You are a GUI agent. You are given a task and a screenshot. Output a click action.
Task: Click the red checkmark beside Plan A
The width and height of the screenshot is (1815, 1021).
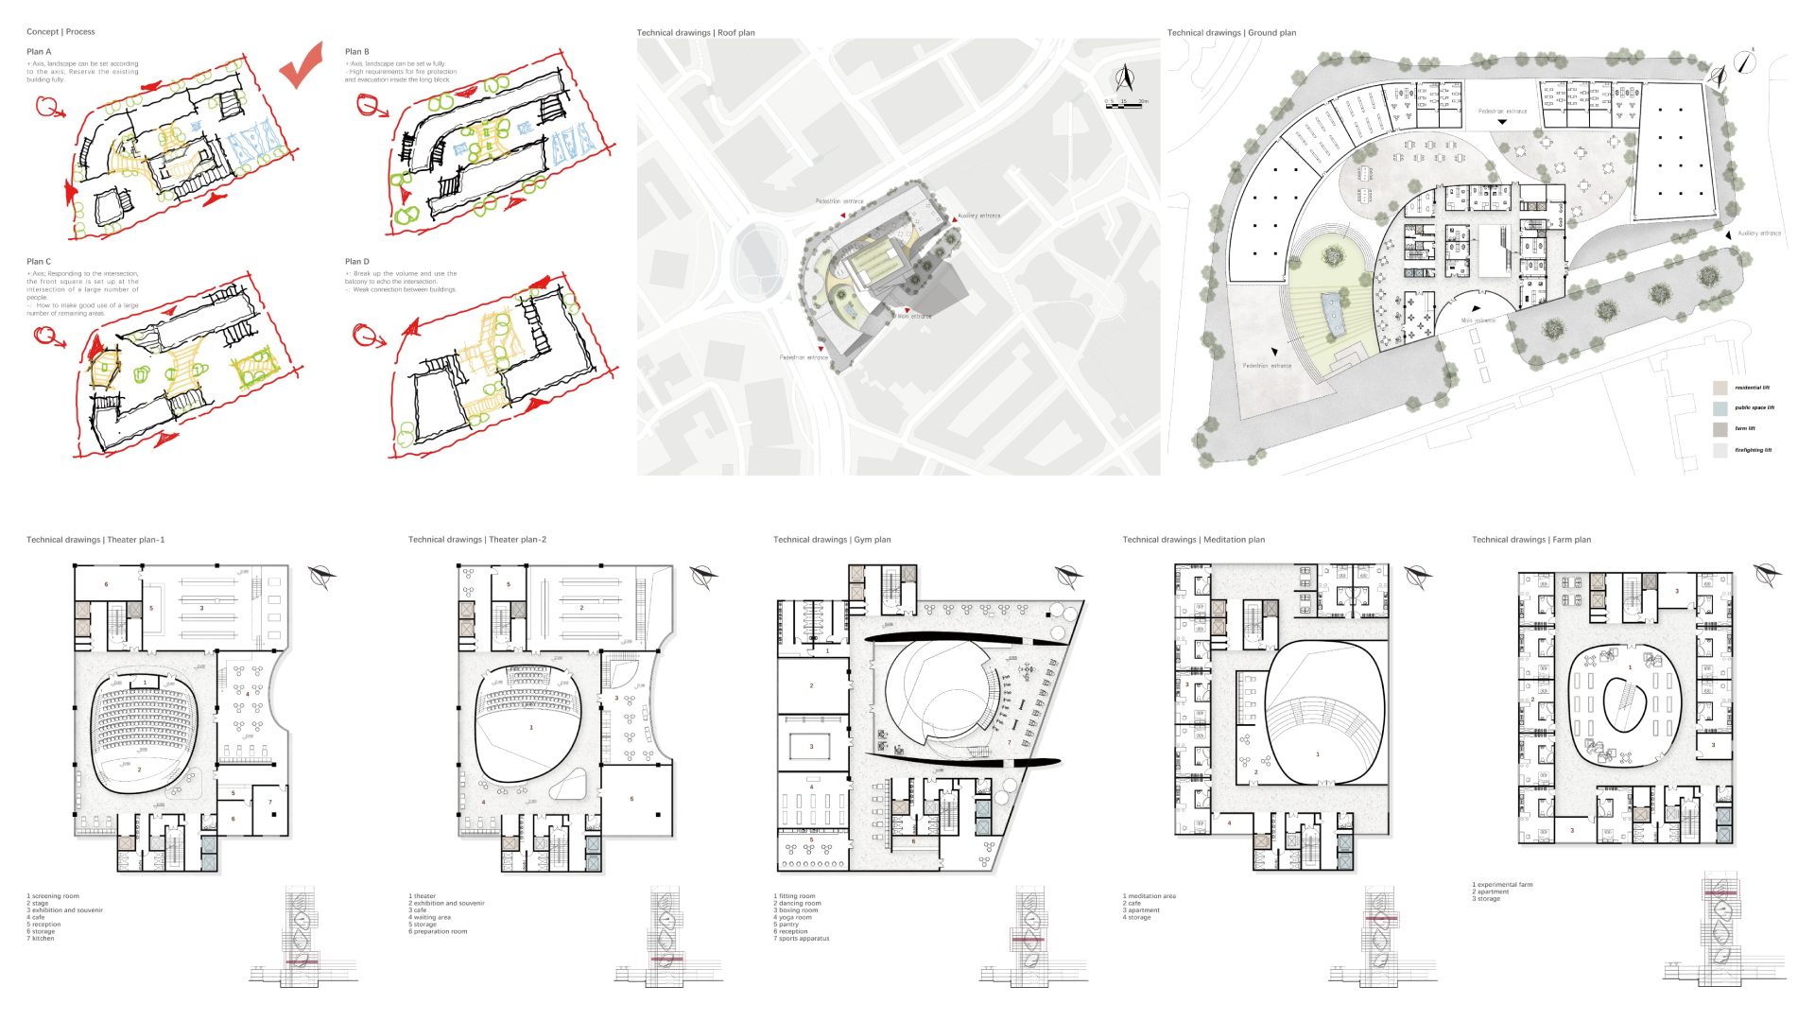(x=302, y=68)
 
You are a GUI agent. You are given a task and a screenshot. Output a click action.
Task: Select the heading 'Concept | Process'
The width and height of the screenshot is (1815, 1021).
(x=60, y=32)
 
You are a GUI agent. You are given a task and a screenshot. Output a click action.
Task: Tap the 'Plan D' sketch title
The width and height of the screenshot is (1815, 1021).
(x=356, y=262)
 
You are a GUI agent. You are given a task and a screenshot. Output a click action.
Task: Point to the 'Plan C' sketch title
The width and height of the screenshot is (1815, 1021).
(x=39, y=262)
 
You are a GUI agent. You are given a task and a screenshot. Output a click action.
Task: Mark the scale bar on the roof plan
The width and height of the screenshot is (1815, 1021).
(x=1127, y=105)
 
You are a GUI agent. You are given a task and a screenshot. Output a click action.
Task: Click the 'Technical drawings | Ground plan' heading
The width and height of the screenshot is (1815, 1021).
(x=1231, y=33)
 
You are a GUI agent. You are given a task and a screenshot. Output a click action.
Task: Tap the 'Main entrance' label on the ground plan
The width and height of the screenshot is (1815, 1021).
(x=1478, y=320)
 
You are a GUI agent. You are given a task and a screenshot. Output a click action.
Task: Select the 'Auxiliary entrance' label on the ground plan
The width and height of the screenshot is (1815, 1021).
(x=1758, y=234)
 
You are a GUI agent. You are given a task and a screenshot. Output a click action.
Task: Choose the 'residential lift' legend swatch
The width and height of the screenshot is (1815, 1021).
(x=1720, y=388)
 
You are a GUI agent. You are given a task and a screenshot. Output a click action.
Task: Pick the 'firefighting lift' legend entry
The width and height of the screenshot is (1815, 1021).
(x=1753, y=450)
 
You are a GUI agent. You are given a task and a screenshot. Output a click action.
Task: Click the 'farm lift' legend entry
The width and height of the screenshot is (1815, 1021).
(x=1744, y=428)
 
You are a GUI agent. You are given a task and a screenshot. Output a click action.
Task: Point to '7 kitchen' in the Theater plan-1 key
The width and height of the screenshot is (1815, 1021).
(x=41, y=939)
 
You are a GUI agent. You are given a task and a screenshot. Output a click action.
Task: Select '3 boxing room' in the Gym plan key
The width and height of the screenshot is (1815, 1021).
(x=795, y=910)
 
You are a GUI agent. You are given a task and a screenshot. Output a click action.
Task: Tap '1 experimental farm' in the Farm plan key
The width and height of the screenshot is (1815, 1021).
(x=1502, y=885)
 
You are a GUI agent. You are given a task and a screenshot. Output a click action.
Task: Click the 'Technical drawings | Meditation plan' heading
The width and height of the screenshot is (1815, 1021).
(x=1193, y=540)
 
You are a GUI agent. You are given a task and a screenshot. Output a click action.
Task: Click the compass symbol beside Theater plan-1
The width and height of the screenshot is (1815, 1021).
(x=321, y=576)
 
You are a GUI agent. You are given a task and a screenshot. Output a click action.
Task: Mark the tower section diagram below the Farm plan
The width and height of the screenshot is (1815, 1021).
(x=1722, y=931)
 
